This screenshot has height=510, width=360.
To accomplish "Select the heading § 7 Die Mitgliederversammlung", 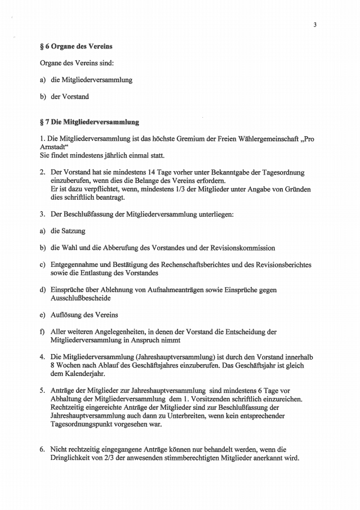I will pyautogui.click(x=86, y=121).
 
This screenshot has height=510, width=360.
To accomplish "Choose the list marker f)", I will pyautogui.click(x=42, y=332).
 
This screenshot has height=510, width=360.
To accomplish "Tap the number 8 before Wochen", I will pyautogui.click(x=52, y=365).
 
